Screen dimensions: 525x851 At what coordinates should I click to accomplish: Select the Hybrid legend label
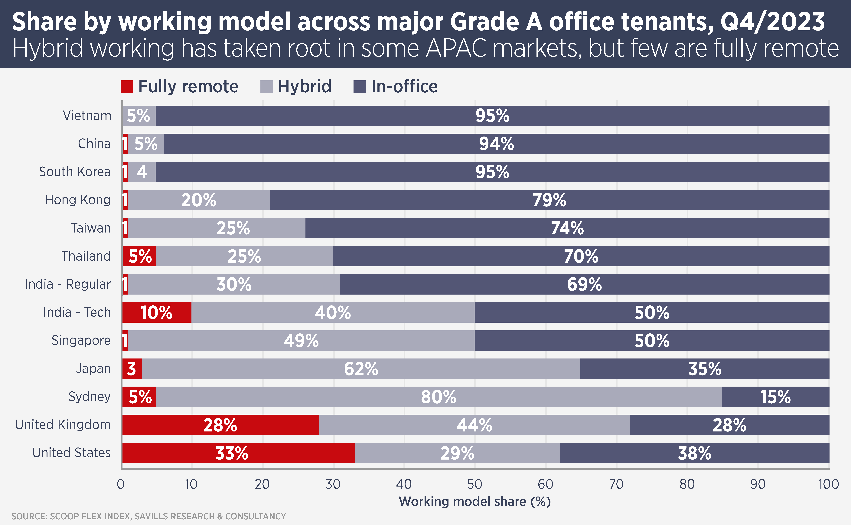[304, 86]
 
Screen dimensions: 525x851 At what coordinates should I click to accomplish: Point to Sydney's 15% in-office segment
[775, 397]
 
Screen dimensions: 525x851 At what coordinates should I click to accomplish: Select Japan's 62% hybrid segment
[361, 368]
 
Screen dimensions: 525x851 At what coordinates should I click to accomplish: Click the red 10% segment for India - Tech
[157, 312]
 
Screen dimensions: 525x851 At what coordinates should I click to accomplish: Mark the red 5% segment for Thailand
[139, 256]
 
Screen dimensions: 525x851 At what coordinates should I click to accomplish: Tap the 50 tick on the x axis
[474, 484]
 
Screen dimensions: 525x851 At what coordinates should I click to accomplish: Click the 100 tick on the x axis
[828, 484]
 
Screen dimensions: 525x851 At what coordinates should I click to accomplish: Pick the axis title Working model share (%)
[474, 502]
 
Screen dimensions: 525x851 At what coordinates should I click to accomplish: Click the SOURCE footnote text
[148, 516]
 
